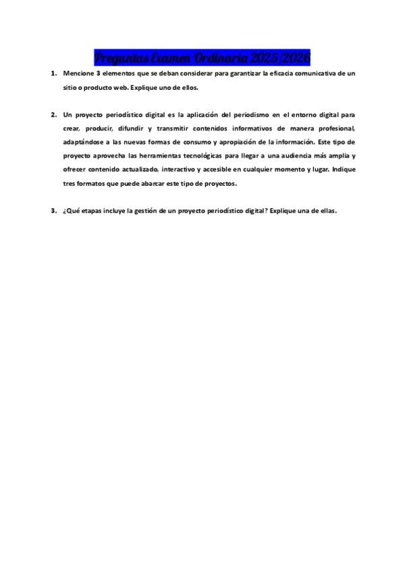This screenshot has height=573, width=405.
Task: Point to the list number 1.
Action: tap(53, 72)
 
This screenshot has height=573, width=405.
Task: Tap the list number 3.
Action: tap(53, 211)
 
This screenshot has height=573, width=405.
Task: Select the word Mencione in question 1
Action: tap(78, 72)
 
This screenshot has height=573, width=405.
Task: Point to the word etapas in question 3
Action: tap(92, 211)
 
